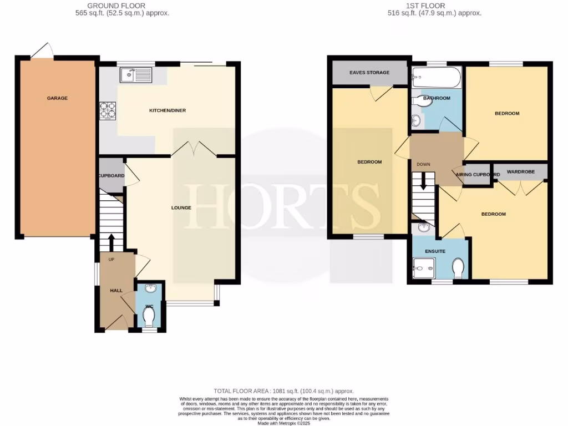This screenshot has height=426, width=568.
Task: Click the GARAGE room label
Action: (57, 98)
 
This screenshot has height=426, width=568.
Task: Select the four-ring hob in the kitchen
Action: (108, 110)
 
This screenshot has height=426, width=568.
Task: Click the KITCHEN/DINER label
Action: (168, 110)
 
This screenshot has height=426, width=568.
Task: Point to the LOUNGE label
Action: (181, 208)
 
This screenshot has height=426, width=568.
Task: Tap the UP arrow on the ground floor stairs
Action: (111, 241)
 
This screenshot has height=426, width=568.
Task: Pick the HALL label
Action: (116, 290)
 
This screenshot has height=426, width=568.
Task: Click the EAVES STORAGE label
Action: (369, 73)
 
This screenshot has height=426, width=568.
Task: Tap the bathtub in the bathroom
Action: (437, 77)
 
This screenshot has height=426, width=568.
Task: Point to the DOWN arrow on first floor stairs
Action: (423, 181)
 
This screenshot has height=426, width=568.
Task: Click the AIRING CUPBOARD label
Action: (478, 175)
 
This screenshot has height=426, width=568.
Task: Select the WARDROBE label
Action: (521, 172)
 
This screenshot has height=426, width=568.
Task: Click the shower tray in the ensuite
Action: (425, 270)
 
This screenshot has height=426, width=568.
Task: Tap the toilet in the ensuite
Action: (459, 268)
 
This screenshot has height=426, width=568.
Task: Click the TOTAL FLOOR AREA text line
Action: (283, 391)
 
